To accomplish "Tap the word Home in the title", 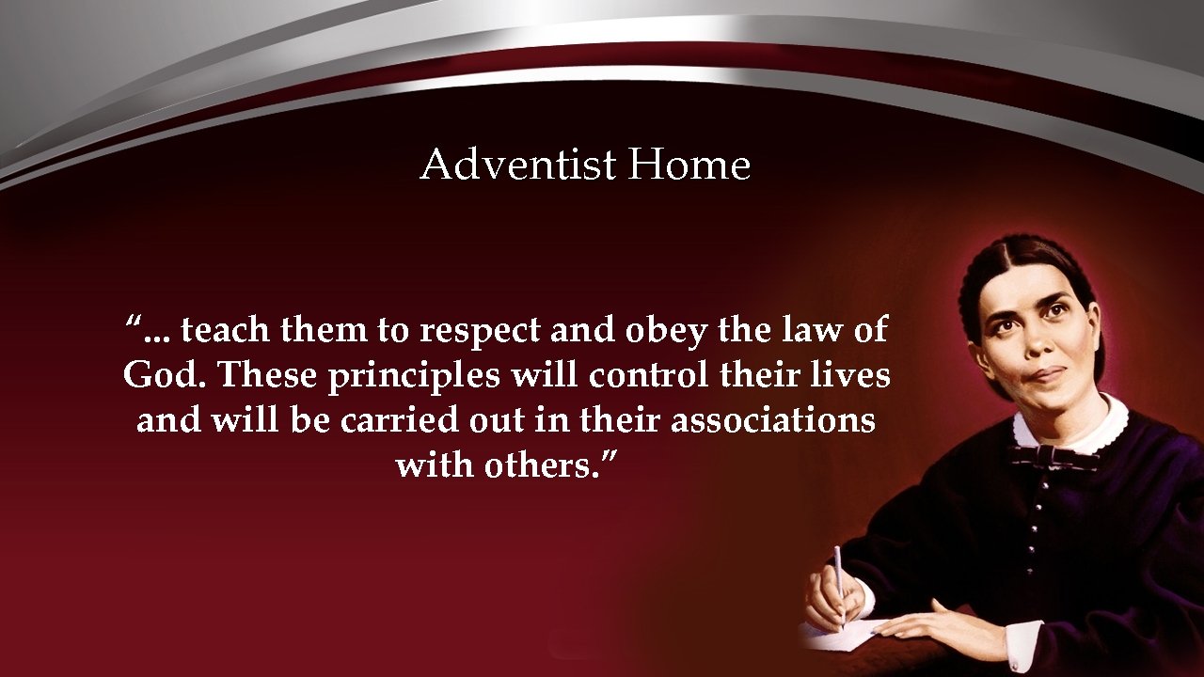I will (x=689, y=165).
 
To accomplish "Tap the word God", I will (x=166, y=375).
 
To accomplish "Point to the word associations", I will (x=773, y=420).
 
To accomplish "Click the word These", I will (x=268, y=375).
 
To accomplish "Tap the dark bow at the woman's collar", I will (x=1053, y=458).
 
